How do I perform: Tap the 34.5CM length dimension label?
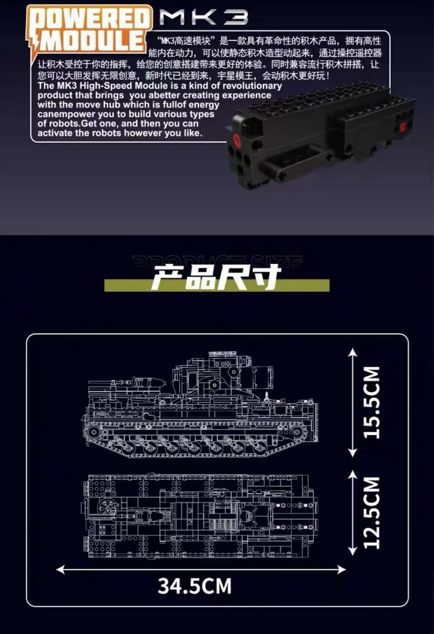194,586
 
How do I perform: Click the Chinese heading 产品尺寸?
216,278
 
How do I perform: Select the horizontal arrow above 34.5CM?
201,570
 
